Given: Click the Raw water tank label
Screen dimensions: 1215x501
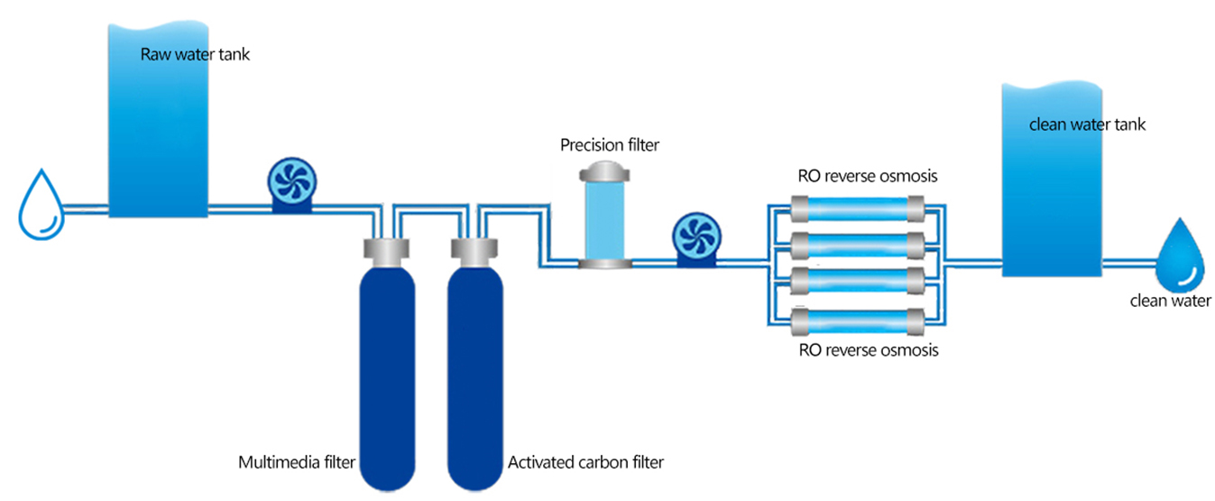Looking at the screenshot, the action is [195, 54].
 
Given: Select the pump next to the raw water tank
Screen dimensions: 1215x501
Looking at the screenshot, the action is [292, 184].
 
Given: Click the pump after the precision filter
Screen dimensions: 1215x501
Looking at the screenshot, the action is [697, 239].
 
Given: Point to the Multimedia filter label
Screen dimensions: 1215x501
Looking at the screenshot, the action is [297, 462].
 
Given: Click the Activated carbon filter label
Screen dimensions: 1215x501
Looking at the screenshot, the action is [585, 462].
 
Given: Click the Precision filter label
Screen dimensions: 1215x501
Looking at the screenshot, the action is [610, 145].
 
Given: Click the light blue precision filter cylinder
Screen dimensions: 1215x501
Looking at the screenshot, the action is [604, 220].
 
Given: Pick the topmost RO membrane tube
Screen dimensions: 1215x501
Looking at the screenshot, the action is [858, 209].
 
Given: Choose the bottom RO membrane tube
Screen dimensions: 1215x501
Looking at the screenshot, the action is [858, 321].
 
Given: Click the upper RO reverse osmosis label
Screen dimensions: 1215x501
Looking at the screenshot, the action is [868, 176].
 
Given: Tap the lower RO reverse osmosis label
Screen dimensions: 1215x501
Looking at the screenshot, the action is [869, 350].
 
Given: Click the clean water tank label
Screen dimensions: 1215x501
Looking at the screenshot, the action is [1087, 125].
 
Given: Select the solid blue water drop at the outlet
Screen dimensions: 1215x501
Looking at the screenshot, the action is [1181, 256].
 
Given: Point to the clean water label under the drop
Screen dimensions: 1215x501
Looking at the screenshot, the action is [1170, 301].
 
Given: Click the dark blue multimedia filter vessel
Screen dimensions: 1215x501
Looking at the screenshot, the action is [387, 378].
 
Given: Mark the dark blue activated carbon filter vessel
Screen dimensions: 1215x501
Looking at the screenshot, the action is [474, 378].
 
